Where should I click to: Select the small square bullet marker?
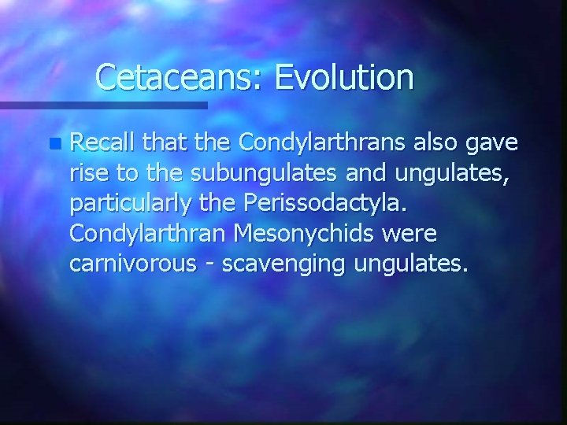[x=53, y=143]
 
